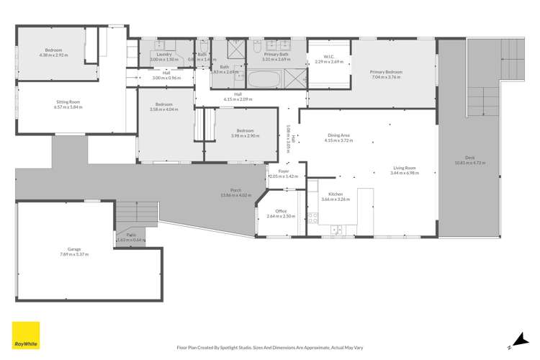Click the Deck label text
pos(469,159)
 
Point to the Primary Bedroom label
pos(386,72)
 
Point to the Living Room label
pos(403,168)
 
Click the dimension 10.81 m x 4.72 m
pos(469,164)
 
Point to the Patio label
pos(131,235)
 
